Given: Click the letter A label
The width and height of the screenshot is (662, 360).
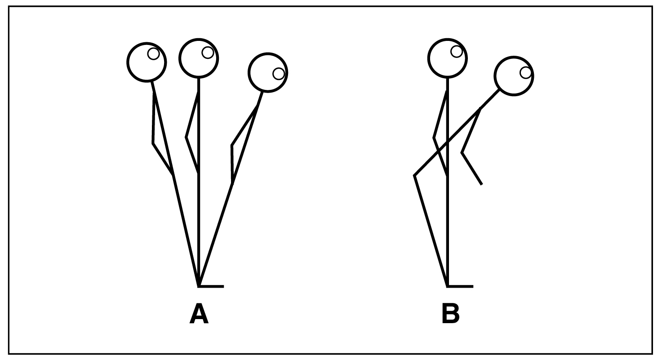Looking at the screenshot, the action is point(199,314).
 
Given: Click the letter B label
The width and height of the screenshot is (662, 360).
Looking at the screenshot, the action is point(450,314).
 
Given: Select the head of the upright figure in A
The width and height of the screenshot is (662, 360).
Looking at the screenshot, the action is point(198,58).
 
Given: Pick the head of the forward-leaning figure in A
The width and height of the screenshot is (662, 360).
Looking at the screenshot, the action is point(268,72).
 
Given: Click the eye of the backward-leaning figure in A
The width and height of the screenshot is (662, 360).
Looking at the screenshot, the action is point(153,54).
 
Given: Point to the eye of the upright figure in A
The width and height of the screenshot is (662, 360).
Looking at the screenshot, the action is point(207,53).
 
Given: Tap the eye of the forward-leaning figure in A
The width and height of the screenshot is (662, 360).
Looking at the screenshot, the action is point(279,73).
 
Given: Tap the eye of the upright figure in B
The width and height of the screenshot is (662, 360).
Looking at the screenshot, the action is point(456,51).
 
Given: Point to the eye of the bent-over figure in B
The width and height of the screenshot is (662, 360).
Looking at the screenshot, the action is point(525,72).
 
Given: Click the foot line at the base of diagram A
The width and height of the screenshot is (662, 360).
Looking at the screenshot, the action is point(211,286).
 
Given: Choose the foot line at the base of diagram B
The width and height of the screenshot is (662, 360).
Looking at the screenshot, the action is point(460,286).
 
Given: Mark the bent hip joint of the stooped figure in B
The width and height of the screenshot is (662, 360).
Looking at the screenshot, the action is point(415,176).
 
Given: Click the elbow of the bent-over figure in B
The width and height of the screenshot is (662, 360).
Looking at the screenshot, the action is point(462,153).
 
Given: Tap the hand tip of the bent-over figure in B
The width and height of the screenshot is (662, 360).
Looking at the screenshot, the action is point(481,184).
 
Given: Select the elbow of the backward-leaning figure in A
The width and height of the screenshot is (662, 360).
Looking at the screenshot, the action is point(154,143).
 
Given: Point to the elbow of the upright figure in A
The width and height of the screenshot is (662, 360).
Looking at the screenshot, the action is point(187,137).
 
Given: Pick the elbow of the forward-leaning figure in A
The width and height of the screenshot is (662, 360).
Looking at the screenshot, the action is point(232,146).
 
